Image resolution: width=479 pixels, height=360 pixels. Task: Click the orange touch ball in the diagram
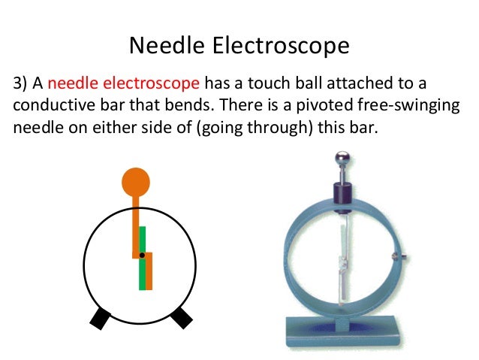[x=136, y=182]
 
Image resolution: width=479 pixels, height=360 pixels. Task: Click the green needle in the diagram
[x=142, y=263]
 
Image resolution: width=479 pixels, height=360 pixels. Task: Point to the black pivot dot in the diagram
[x=142, y=256]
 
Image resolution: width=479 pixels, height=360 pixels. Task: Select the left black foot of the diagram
[x=100, y=318]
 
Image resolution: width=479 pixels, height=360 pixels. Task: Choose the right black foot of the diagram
[x=181, y=318]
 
